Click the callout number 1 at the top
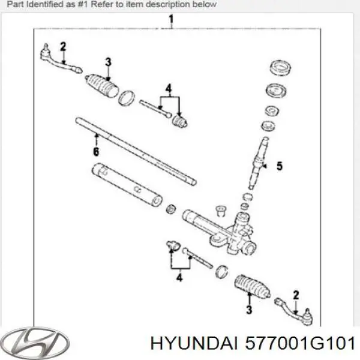(x=171, y=20)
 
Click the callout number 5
(x=280, y=166)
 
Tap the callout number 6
(x=96, y=152)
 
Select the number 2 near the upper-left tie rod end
(x=63, y=47)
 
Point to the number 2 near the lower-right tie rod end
(x=296, y=295)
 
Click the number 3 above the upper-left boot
(x=108, y=62)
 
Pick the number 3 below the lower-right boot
(x=249, y=310)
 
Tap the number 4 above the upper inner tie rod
(x=169, y=89)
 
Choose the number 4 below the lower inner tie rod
(x=179, y=277)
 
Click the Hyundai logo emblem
(x=35, y=343)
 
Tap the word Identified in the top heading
(x=46, y=4)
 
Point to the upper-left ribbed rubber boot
(x=102, y=85)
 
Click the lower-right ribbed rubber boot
(x=253, y=286)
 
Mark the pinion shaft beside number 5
(x=259, y=163)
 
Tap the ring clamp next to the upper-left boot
(x=127, y=98)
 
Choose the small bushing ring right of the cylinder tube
(x=171, y=209)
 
